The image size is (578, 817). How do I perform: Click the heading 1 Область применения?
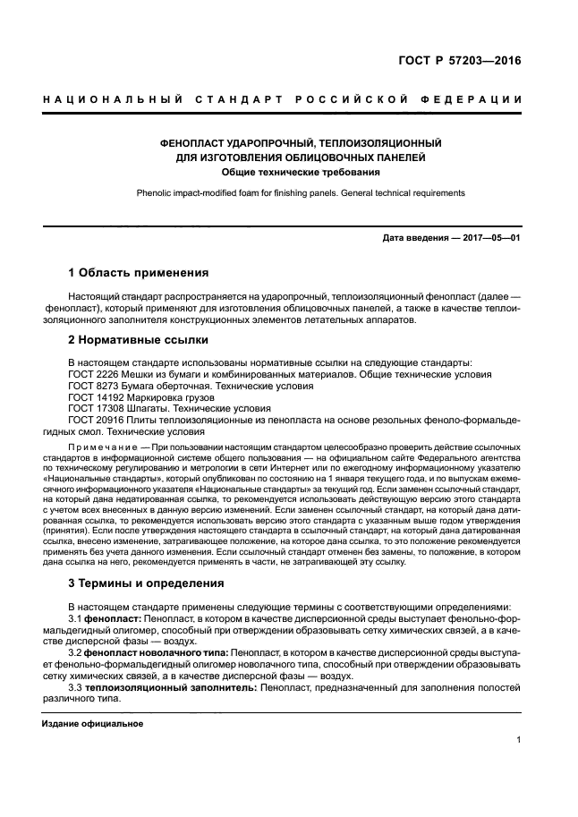click(139, 272)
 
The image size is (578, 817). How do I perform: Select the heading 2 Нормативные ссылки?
click(139, 340)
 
